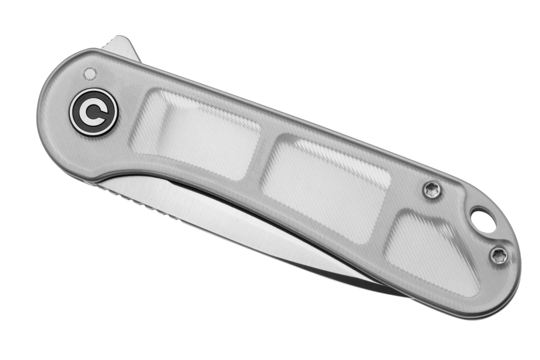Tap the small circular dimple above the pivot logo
(x=89, y=74)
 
